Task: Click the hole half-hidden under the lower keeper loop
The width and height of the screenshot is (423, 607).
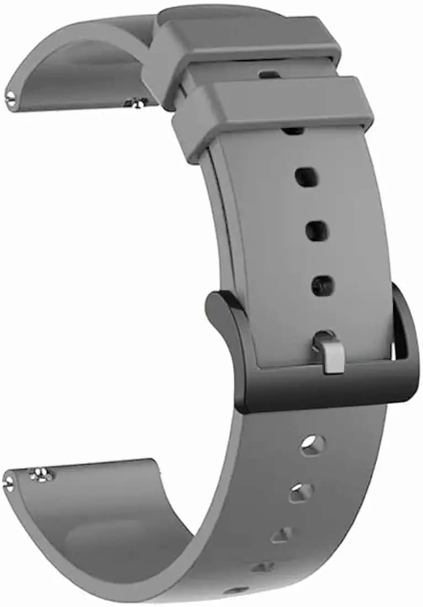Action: point(293,131)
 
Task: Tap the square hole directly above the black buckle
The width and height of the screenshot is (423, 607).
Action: point(322,285)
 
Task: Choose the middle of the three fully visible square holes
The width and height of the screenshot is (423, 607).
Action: point(316,231)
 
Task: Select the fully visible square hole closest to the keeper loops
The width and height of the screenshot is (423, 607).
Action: point(305,177)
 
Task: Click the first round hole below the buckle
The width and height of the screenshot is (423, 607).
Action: point(312,444)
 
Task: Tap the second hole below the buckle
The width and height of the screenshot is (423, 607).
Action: point(301,491)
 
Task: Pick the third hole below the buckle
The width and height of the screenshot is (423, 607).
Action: point(283,534)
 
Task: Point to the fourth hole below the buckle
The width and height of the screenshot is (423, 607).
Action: point(263,566)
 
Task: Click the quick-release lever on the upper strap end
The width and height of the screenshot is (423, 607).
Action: point(136,102)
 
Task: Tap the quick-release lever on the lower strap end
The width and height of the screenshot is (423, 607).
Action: point(41,474)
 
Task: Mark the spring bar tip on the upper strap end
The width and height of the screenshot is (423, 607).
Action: point(10,98)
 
